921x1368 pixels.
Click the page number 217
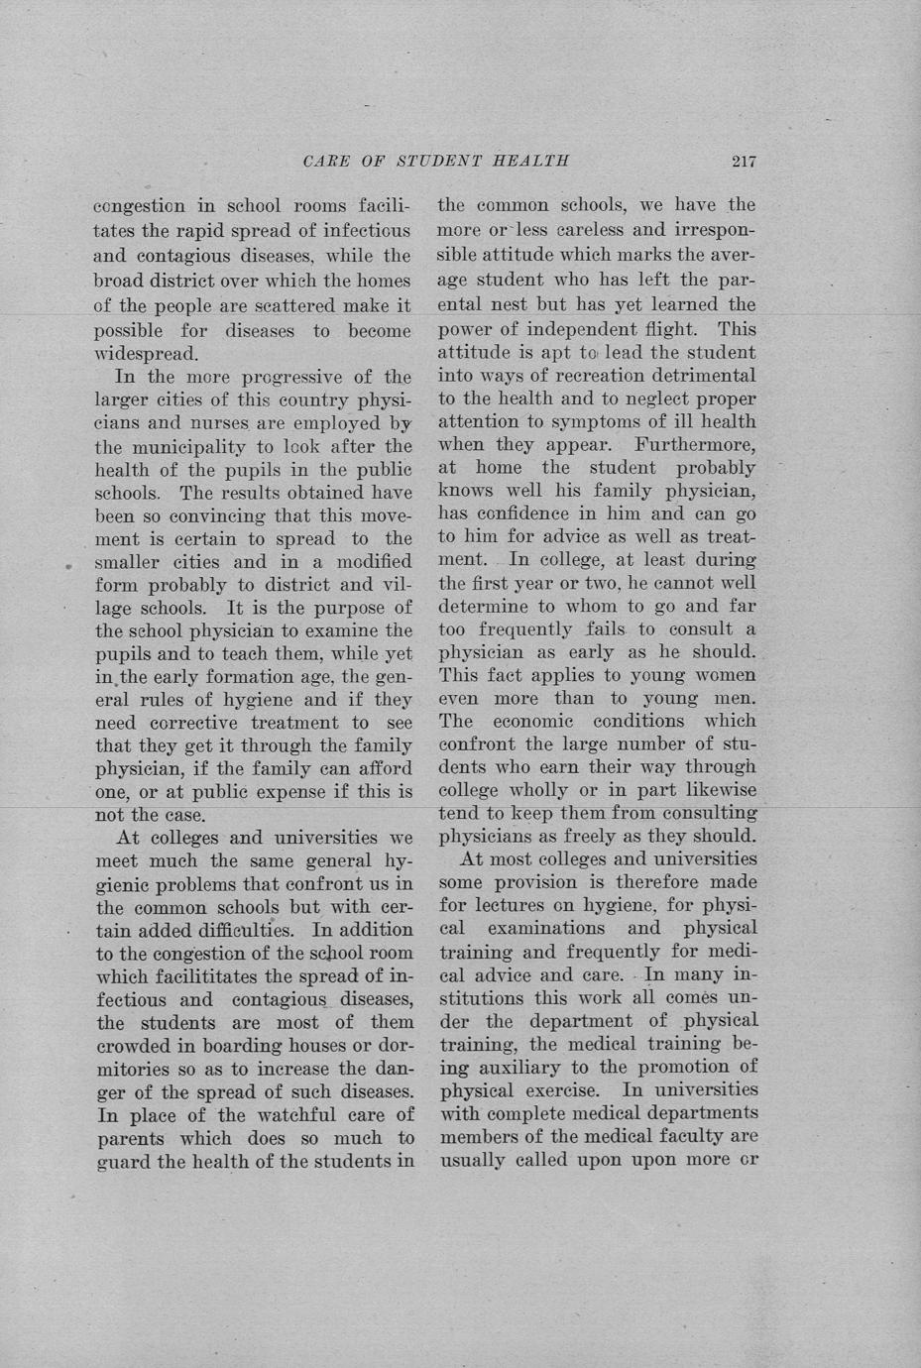click(744, 162)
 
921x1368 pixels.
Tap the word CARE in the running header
click(325, 162)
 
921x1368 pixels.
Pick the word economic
click(539, 721)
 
